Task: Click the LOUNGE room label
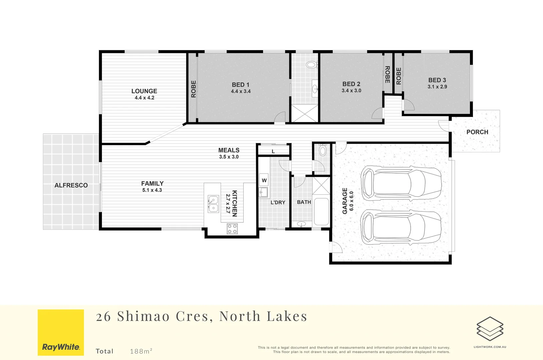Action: [x=144, y=91]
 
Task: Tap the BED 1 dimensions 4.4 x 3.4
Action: [x=241, y=91]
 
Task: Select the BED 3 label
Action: [x=437, y=80]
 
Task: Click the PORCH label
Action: [x=477, y=132]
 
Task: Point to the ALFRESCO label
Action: [x=71, y=185]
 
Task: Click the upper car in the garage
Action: [x=401, y=183]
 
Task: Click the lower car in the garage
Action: [x=401, y=227]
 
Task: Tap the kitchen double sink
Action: [x=213, y=204]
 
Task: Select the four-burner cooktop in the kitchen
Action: [x=232, y=229]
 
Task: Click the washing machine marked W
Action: [x=264, y=180]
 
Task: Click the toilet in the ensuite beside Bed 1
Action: [x=312, y=65]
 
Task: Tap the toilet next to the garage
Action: [x=322, y=150]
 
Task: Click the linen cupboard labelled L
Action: [x=273, y=151]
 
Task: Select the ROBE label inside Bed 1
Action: [x=193, y=89]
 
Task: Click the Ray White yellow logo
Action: [x=61, y=332]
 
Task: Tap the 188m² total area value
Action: [x=141, y=351]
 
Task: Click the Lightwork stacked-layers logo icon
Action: [x=490, y=329]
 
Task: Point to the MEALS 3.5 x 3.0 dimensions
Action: [x=229, y=157]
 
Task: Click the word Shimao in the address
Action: [x=143, y=316]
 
